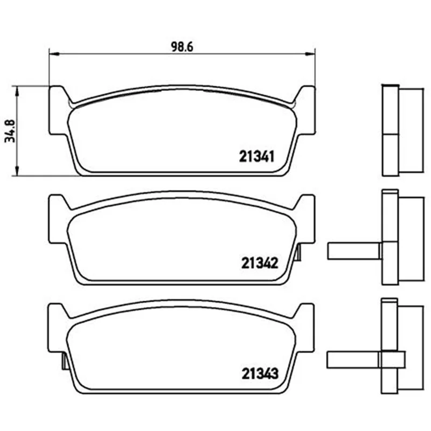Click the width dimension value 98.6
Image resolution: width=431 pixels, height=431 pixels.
(x=182, y=47)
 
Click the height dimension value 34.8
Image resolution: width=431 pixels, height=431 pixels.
(x=10, y=131)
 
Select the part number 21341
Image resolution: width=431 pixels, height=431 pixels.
(x=257, y=157)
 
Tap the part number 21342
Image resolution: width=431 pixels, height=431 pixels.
(x=260, y=263)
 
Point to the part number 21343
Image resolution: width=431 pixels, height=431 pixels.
(x=260, y=373)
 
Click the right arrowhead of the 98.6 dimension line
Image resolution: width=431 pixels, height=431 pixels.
(x=310, y=53)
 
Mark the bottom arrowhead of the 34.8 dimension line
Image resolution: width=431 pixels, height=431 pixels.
(x=17, y=170)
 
